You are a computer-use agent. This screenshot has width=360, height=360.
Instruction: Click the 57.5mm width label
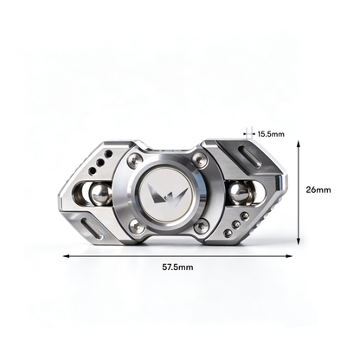[177, 267]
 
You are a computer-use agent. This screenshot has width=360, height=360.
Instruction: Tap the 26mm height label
[318, 190]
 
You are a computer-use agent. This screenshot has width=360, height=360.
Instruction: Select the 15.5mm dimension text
[271, 134]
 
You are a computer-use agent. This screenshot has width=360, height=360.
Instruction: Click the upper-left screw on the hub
[134, 159]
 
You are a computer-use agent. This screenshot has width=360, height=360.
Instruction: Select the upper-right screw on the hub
[199, 158]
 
